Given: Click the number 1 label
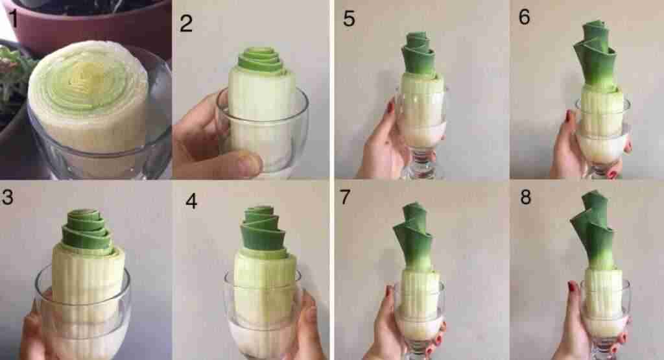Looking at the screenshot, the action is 14,19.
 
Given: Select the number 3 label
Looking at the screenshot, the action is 7,197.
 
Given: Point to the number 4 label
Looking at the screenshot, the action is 191,201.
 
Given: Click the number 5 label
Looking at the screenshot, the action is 349,19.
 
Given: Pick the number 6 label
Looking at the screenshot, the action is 524,16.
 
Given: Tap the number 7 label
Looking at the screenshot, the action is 346,197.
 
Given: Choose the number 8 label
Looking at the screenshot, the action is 525,197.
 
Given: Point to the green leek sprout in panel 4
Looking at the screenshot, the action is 263,229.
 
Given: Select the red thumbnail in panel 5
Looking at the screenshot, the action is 390,106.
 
